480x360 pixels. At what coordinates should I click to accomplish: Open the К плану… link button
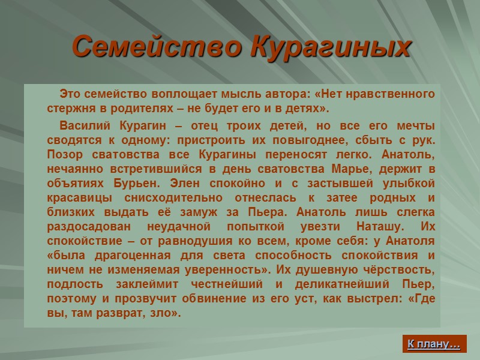tap(434, 344)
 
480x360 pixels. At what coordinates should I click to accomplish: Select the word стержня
tap(68, 109)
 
